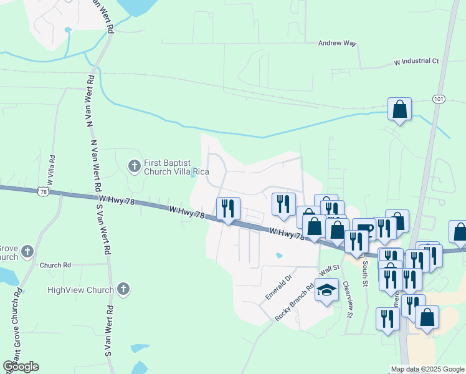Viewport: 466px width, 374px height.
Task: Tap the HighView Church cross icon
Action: [x=123, y=289]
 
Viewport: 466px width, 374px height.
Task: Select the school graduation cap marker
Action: [x=326, y=290]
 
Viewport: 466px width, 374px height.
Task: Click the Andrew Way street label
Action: [x=336, y=43]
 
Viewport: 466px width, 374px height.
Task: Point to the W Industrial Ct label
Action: [x=417, y=62]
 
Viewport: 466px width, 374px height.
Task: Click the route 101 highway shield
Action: [x=438, y=99]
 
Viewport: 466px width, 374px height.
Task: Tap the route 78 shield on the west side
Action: [x=42, y=192]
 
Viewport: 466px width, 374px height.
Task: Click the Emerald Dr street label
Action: [x=279, y=285]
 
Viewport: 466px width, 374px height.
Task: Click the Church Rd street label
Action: [x=54, y=265]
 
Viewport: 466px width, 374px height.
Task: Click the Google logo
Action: [x=21, y=366]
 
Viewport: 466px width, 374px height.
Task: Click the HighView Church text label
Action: [x=81, y=290]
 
